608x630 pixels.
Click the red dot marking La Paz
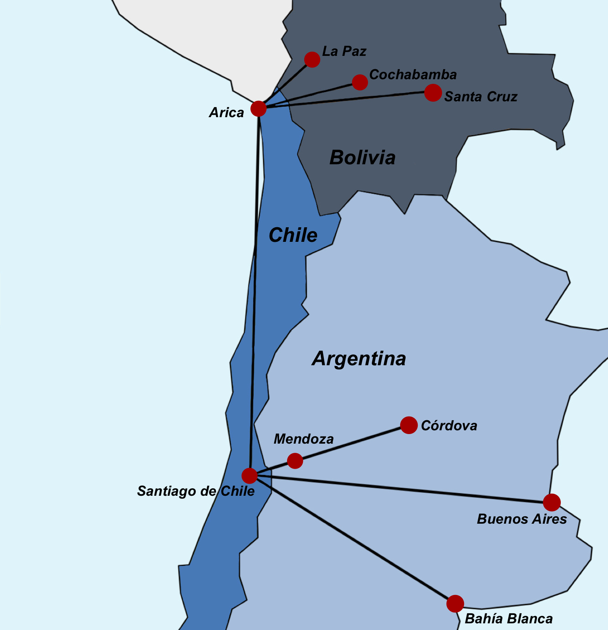coord(312,60)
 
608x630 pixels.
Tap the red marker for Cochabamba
coord(360,82)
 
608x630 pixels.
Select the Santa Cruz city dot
coord(433,93)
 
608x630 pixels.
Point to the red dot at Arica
coord(259,109)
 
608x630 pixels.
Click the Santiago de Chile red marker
coord(250,475)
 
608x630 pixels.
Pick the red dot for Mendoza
coord(295,461)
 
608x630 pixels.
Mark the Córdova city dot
coord(409,425)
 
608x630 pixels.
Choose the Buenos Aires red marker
coord(552,502)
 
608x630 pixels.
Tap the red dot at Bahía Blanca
coord(455,604)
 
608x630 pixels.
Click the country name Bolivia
coord(362,158)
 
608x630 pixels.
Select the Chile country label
coord(293,235)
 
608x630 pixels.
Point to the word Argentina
coord(359,359)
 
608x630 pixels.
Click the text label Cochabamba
coord(413,75)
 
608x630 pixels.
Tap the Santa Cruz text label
coord(481,97)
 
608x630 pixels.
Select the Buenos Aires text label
coord(522,519)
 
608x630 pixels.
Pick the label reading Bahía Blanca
coord(509,619)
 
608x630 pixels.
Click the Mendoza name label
coord(304,439)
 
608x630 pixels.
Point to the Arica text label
coord(227,113)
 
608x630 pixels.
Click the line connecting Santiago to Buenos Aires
coord(401,489)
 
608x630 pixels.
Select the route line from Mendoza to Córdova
coord(352,443)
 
